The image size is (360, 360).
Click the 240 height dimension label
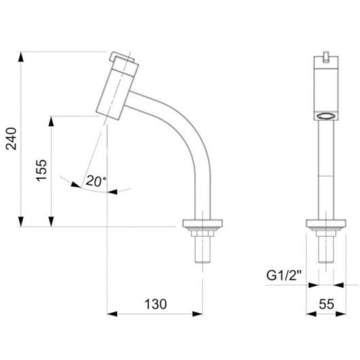click(12, 139)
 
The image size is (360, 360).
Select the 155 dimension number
click(41, 170)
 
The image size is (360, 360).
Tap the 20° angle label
click(96, 181)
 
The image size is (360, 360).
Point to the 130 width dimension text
click(156, 304)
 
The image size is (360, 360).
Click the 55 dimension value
click(326, 304)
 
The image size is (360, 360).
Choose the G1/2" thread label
click(284, 275)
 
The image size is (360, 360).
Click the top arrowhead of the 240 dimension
click(21, 56)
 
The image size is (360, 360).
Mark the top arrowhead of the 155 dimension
click(51, 121)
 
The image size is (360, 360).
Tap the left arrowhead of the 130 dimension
click(112, 314)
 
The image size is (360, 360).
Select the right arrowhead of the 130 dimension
click(198, 314)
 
